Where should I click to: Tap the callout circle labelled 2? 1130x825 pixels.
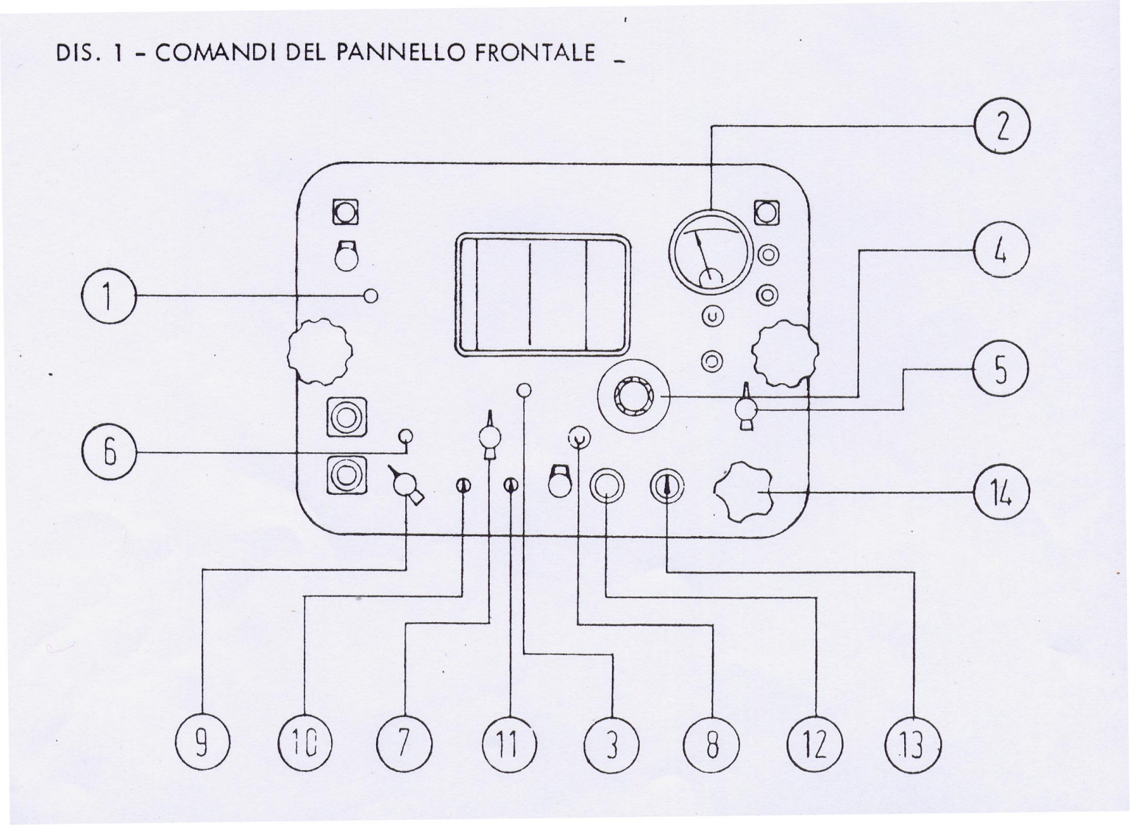[x=1001, y=126]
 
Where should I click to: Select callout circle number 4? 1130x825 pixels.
[x=1001, y=250]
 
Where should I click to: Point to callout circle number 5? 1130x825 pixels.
[x=1001, y=370]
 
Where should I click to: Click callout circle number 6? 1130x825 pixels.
[x=109, y=452]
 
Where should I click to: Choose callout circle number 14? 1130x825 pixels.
[x=1001, y=492]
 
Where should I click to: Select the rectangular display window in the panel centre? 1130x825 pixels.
[x=543, y=295]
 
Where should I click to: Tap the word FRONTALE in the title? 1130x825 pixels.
[x=535, y=53]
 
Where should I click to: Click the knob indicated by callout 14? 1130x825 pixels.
[x=744, y=491]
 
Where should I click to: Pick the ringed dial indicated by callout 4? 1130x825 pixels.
[x=633, y=397]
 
